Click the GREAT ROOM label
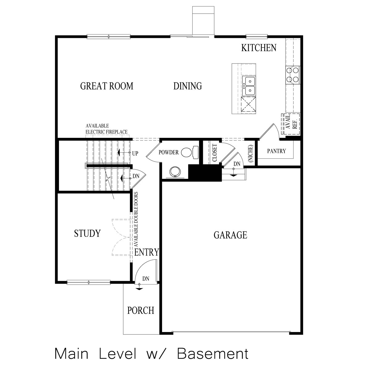point(107,86)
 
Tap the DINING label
point(187,86)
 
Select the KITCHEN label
point(258,48)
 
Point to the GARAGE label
point(230,235)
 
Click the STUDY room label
point(87,234)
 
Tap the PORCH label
point(141,310)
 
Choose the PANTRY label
point(276,151)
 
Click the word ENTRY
point(147,252)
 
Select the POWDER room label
point(169,153)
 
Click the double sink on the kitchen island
point(249,86)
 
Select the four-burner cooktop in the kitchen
point(293,75)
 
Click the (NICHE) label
point(250,153)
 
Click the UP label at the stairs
point(135,153)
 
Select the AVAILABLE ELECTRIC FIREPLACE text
point(107,129)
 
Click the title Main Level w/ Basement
point(151,354)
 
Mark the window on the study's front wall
point(89,282)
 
